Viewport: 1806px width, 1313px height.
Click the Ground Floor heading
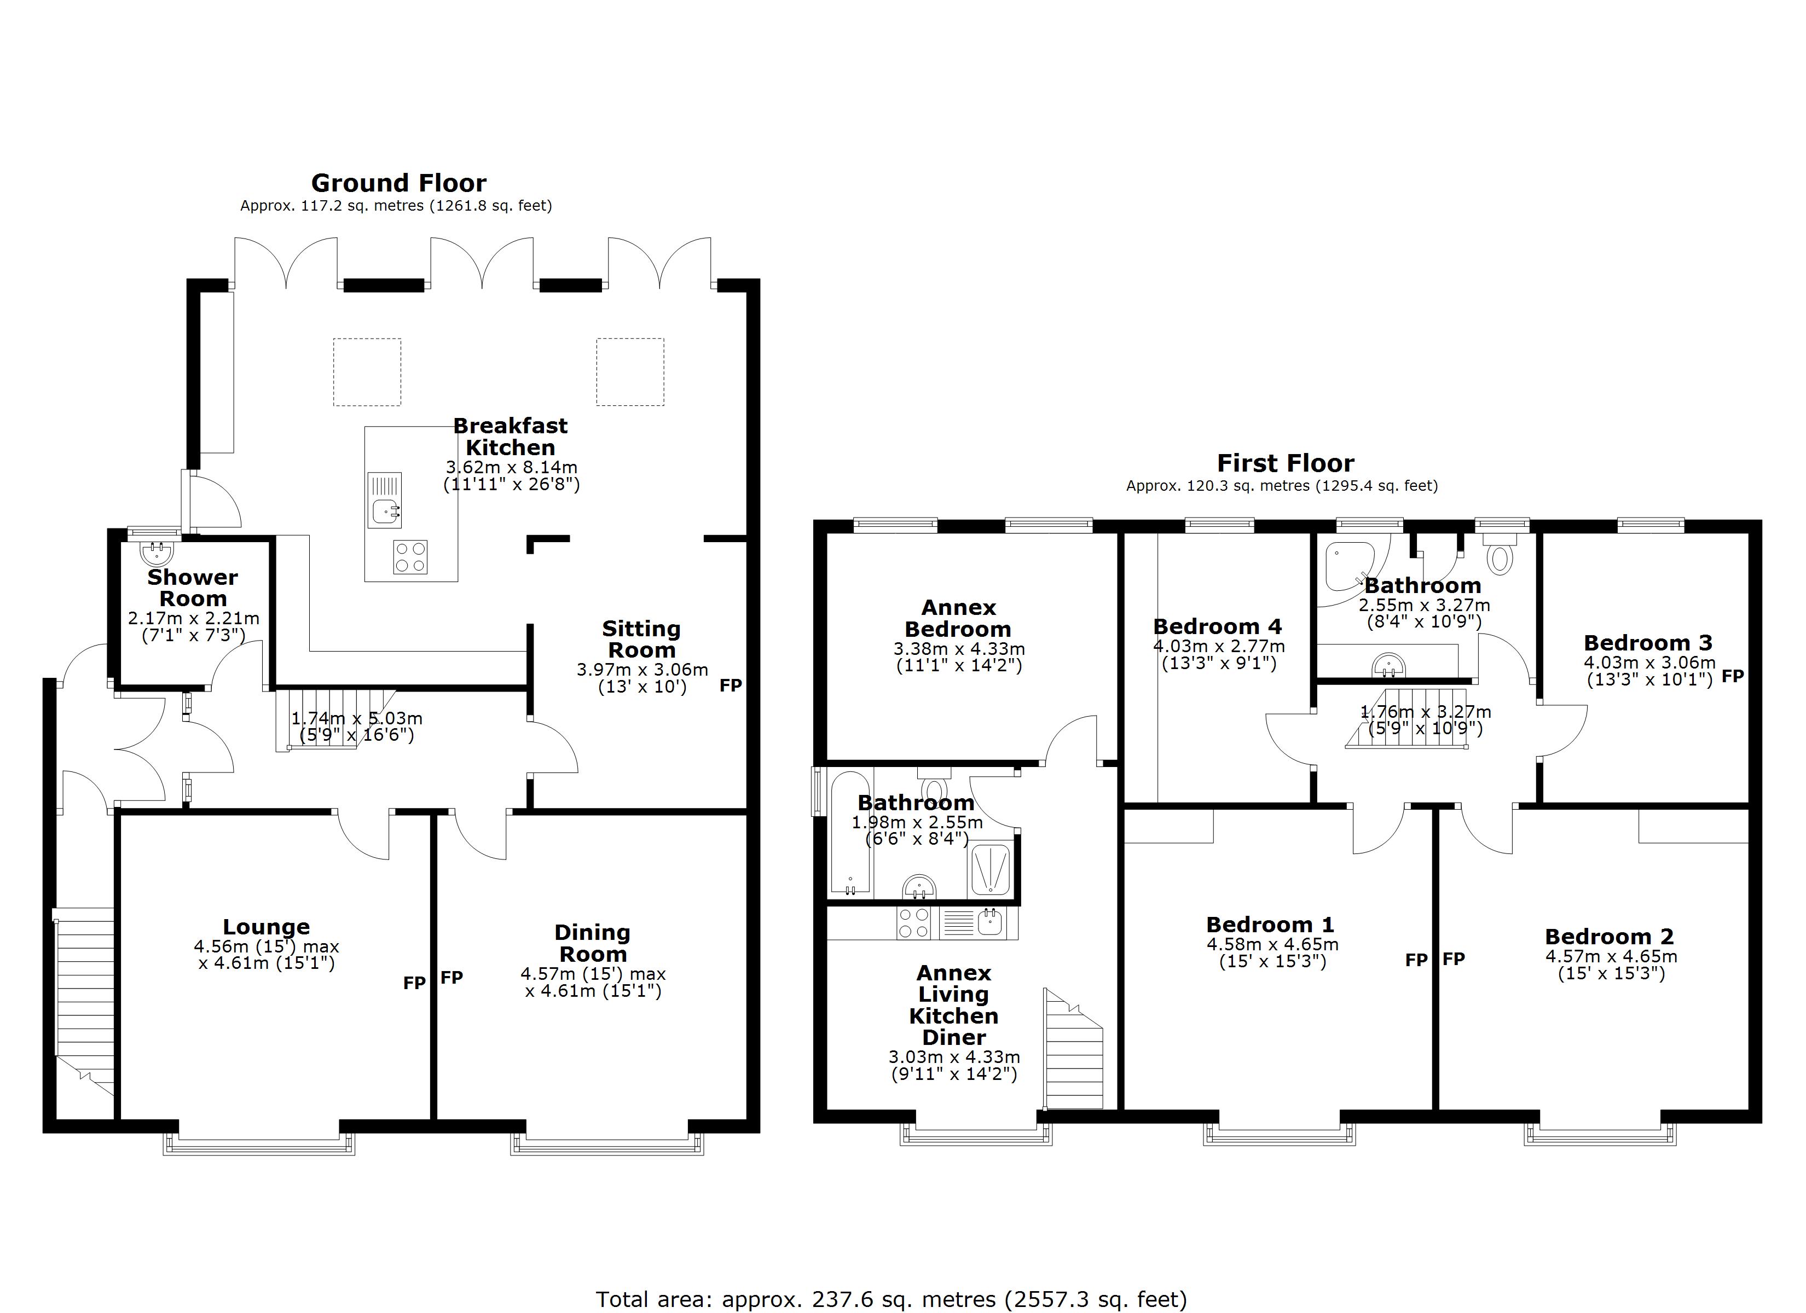[x=398, y=183]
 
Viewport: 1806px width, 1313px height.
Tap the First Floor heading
[x=1284, y=463]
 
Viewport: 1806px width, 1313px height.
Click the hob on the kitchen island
[x=410, y=556]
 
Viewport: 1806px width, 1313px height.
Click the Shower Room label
[x=193, y=588]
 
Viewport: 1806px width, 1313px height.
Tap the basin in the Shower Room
[x=156, y=552]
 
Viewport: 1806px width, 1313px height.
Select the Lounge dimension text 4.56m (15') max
[x=266, y=947]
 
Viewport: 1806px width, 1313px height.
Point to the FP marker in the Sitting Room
[x=730, y=685]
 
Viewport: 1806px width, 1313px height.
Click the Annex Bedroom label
[x=958, y=618]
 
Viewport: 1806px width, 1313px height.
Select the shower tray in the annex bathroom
[x=991, y=869]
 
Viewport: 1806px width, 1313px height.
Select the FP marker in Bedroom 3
[x=1733, y=676]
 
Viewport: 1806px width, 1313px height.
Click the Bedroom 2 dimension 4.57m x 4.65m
[x=1611, y=956]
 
